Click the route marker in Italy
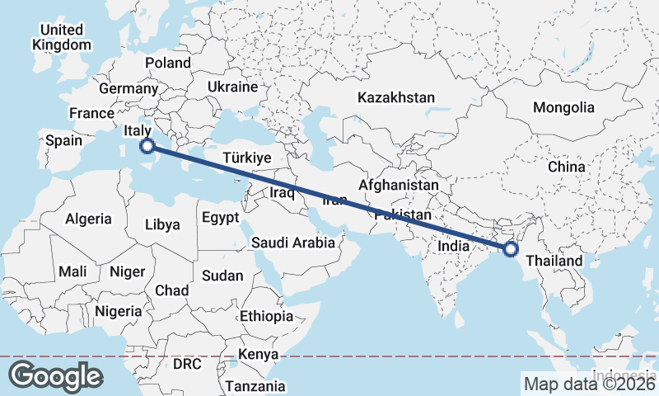click(147, 147)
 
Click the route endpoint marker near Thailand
click(511, 248)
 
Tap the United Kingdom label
click(61, 37)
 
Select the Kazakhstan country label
click(395, 97)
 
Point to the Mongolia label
click(563, 107)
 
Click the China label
click(566, 167)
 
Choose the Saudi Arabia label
click(293, 243)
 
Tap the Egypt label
click(220, 218)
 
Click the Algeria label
click(88, 219)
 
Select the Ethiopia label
click(266, 316)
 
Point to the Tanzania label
click(255, 385)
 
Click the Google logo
click(56, 376)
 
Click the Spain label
click(63, 140)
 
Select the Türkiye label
click(247, 158)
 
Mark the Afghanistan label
click(399, 186)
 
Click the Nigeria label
click(119, 311)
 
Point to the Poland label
click(167, 63)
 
